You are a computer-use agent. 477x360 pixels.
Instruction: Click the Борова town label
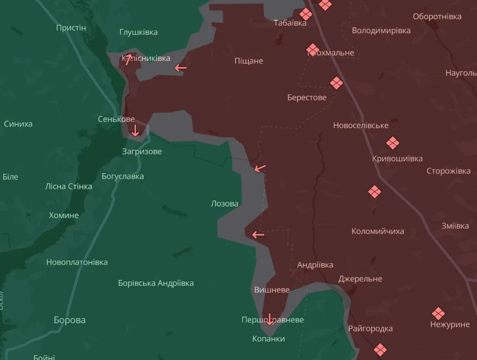coord(69,320)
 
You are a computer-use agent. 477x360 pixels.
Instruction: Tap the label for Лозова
coord(224,203)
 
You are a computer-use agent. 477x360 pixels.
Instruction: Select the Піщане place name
coord(248,61)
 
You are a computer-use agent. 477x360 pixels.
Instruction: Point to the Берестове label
coord(306,97)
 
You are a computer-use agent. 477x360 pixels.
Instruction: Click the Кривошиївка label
coord(397,158)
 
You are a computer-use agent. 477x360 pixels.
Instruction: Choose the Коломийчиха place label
coord(377,231)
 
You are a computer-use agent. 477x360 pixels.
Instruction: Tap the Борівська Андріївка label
coord(155,283)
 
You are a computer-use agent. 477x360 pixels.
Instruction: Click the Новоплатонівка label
coord(76,262)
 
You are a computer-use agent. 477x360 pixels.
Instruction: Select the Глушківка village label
coord(138,32)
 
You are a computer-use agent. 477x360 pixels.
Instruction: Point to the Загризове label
coord(142,151)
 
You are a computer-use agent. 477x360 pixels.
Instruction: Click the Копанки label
coord(268,338)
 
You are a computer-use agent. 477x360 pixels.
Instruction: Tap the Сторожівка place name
coord(448,171)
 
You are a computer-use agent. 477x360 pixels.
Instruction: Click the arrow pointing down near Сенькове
coord(134,131)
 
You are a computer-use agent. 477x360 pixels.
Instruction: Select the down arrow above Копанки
coord(269,319)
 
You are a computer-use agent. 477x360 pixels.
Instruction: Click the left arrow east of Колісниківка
coord(180,67)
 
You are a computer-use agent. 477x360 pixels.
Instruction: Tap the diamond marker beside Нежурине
coord(438,313)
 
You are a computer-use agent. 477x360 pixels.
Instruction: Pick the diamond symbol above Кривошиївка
coord(392,143)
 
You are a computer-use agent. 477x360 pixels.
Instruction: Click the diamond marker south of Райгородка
coord(380,349)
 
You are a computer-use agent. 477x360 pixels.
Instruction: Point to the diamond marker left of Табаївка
coord(306,14)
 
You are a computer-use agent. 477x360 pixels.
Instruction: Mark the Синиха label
coord(18,123)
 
